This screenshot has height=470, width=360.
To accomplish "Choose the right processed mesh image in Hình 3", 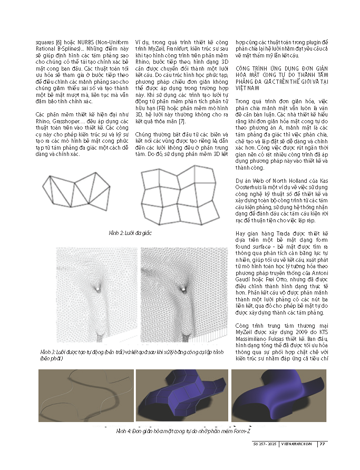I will (x=184, y=295).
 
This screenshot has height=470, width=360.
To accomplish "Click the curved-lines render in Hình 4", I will (x=86, y=395).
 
